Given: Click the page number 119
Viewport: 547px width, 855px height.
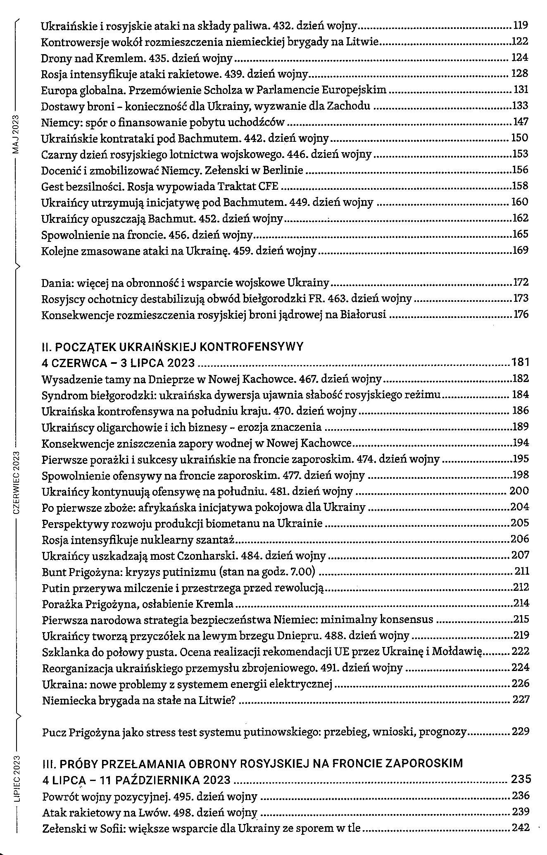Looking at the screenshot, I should point(521,26).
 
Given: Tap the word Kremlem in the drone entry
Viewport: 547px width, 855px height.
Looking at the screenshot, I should point(117,58).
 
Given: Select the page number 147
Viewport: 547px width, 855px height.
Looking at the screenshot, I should point(520,122).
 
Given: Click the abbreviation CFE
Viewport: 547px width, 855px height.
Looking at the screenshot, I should point(269,186).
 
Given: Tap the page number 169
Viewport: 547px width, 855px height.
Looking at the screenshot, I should point(520,250).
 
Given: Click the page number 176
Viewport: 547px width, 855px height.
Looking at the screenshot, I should point(521,315).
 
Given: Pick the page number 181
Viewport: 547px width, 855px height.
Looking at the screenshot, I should point(520,363).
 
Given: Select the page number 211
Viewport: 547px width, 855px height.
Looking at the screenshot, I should point(521,571).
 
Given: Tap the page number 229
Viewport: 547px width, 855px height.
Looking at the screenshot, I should point(521,732).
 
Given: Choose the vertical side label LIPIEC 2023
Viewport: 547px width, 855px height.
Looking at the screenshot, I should point(17,779).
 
